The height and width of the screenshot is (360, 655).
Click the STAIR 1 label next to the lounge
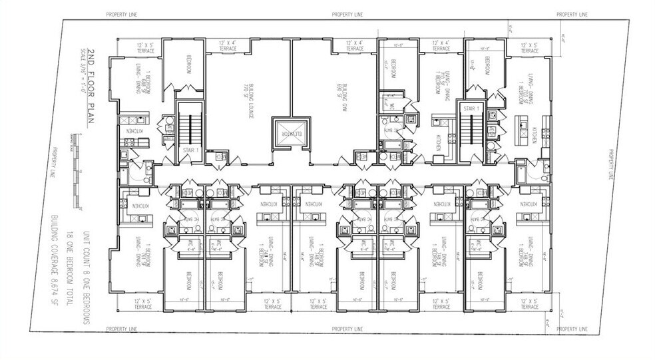click(187, 150)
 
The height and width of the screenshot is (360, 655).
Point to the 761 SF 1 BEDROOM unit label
click(140, 252)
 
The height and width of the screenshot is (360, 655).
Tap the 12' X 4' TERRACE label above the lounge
click(225, 45)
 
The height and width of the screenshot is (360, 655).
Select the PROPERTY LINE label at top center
click(347, 14)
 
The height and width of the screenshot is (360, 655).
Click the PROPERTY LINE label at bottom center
click(347, 329)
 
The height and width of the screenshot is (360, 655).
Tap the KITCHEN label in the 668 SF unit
click(128, 132)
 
